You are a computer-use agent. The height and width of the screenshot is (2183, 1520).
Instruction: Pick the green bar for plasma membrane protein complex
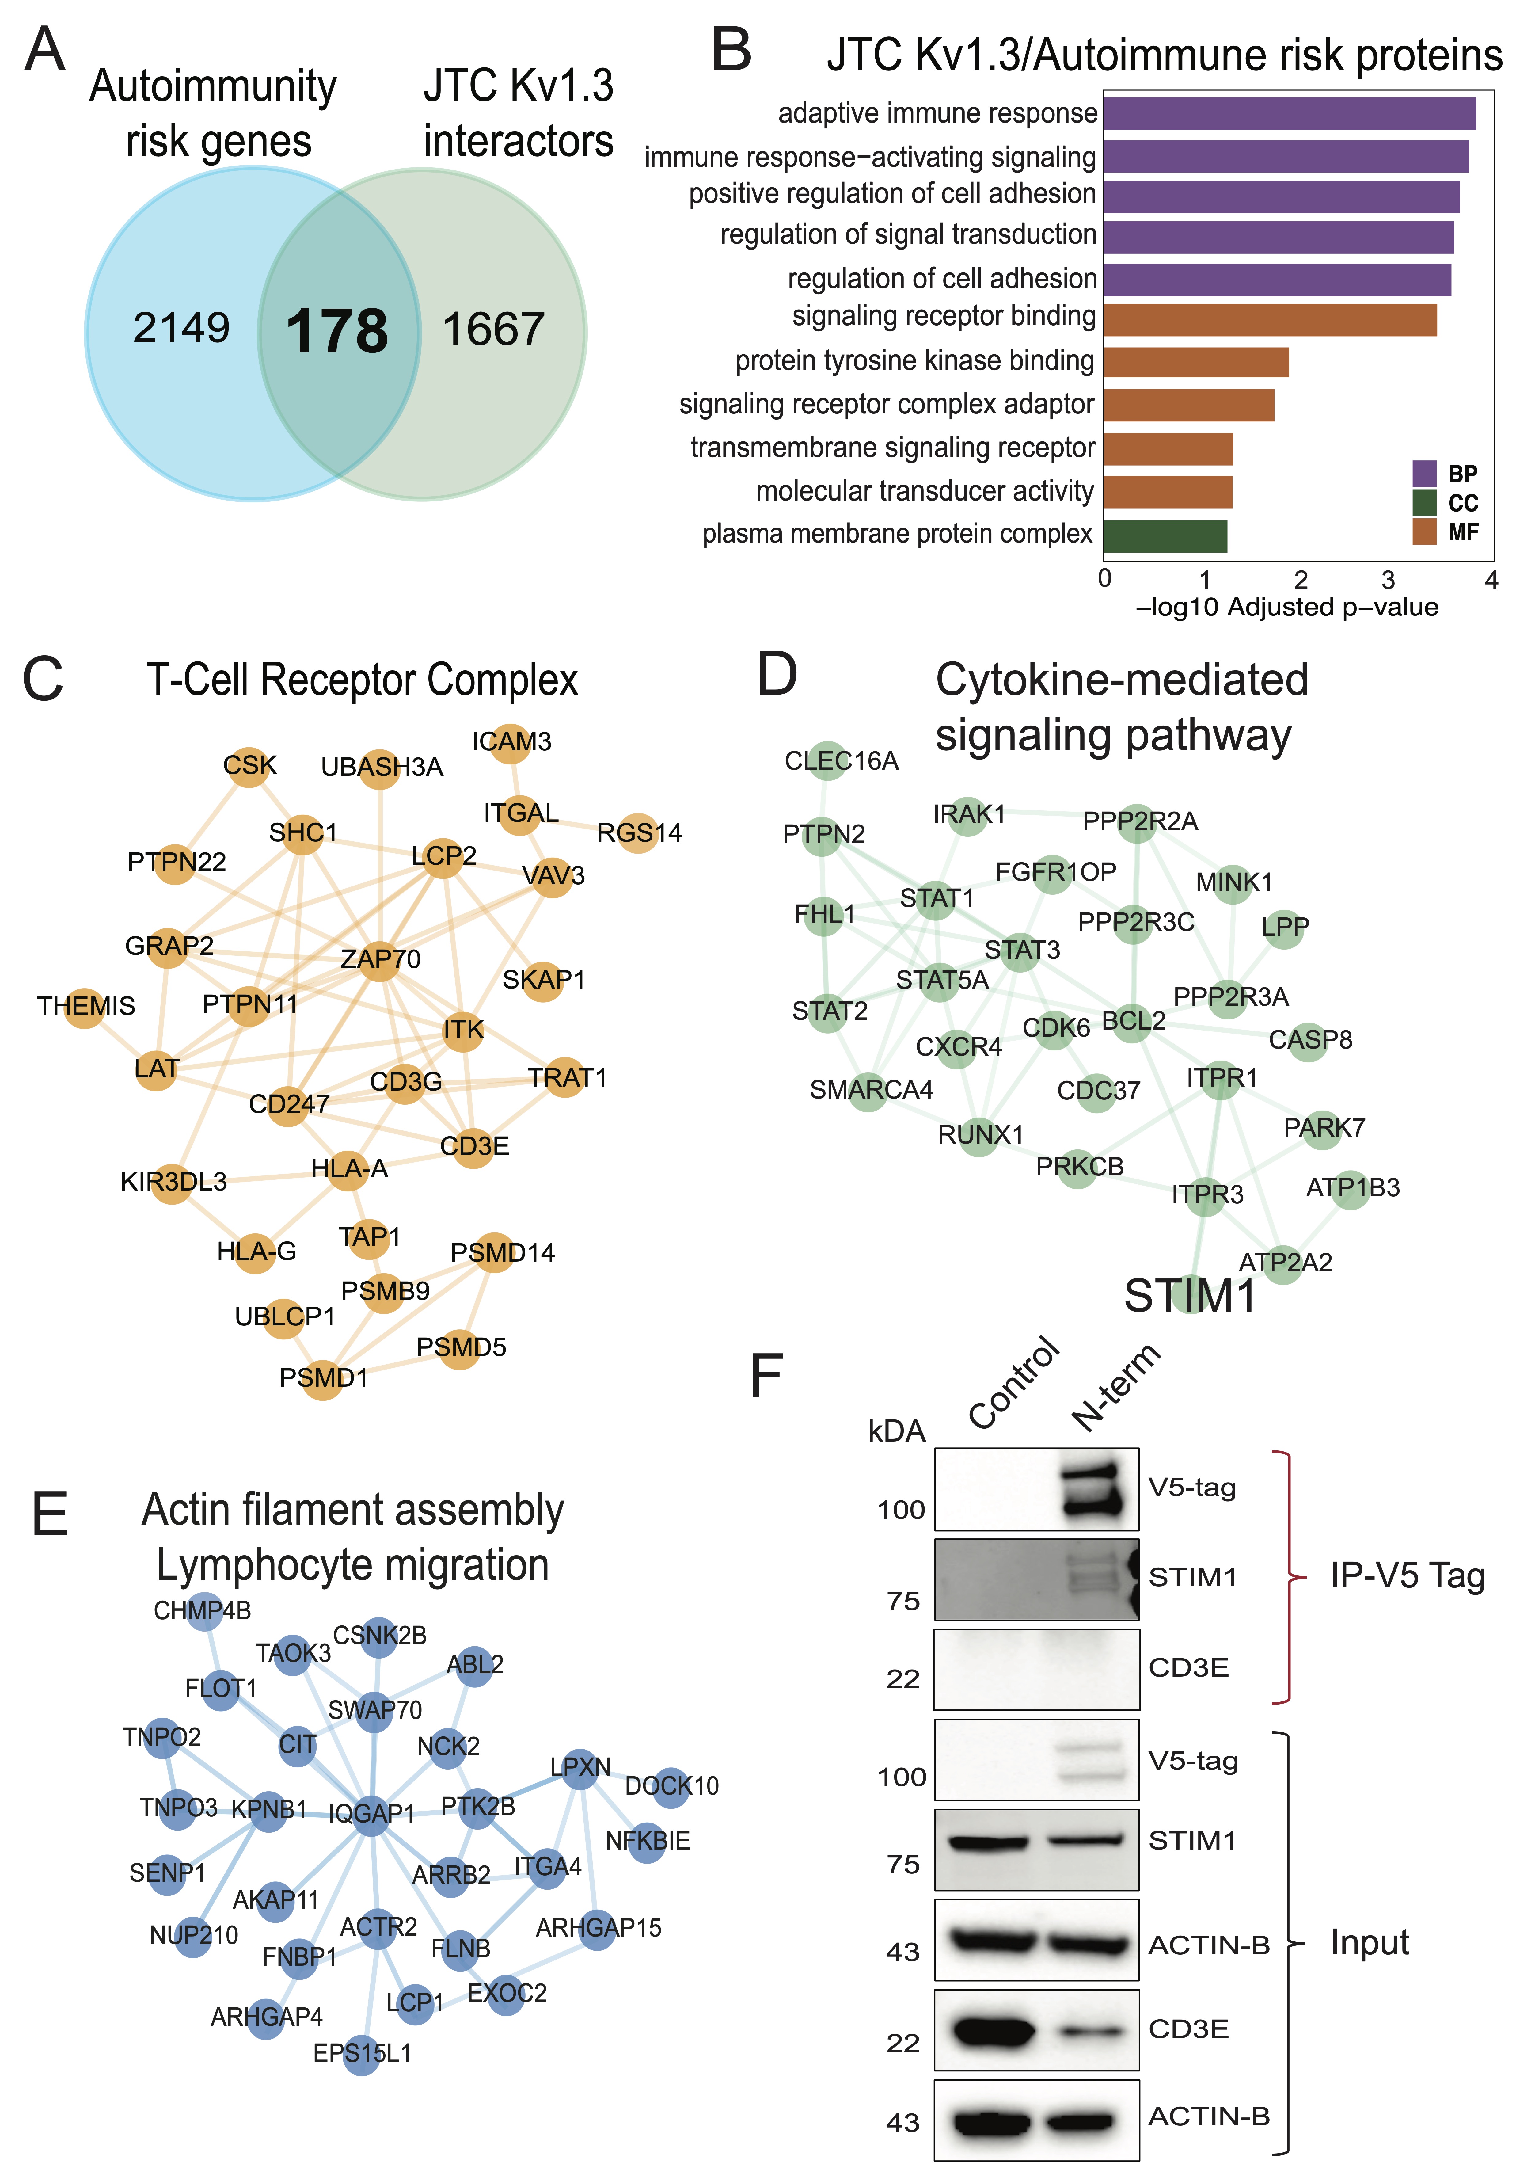[1165, 536]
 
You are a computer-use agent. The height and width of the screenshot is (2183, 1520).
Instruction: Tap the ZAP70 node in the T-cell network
[380, 958]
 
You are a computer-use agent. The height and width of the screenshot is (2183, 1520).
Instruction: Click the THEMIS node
[85, 1006]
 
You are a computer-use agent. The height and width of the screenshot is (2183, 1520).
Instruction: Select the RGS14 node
[638, 833]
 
